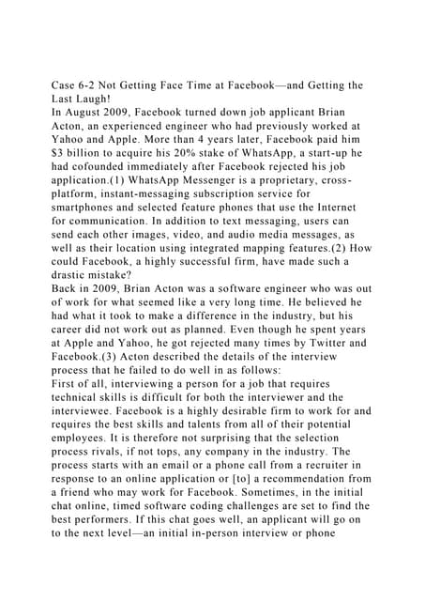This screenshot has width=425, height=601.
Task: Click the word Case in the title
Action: pyautogui.click(x=64, y=86)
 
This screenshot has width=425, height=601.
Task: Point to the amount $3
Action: pyautogui.click(x=57, y=158)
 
